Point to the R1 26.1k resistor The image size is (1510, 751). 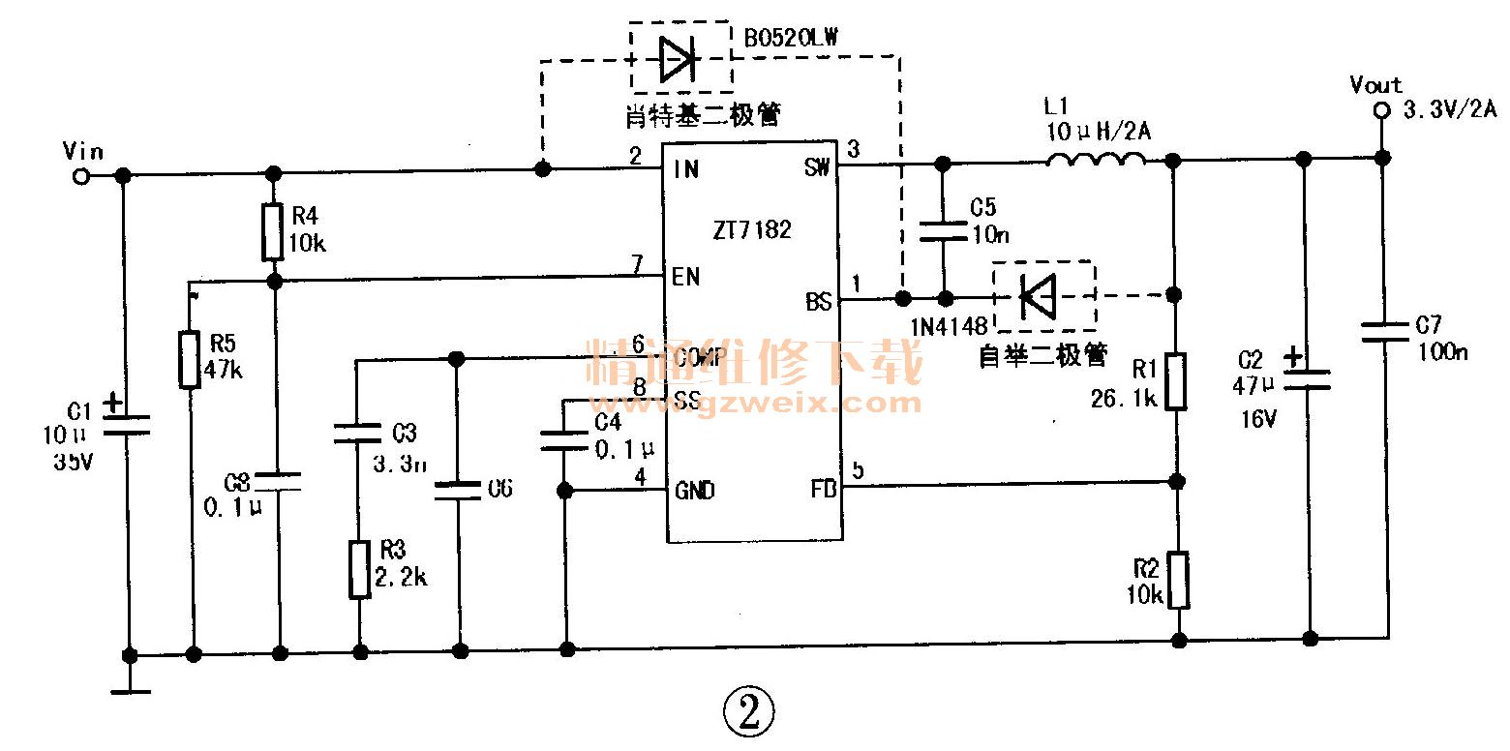pyautogui.click(x=1176, y=381)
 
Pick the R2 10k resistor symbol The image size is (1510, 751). pyautogui.click(x=1178, y=580)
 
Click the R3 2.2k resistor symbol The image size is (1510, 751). pyautogui.click(x=359, y=570)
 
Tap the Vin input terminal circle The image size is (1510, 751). pyautogui.click(x=82, y=176)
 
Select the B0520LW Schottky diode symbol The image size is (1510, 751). pyautogui.click(x=679, y=58)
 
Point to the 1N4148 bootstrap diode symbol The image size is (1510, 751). pyautogui.click(x=1039, y=295)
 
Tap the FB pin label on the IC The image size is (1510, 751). pyautogui.click(x=819, y=490)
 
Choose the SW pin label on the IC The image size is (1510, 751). pyautogui.click(x=817, y=168)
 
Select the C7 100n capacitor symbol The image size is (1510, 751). pyautogui.click(x=1384, y=332)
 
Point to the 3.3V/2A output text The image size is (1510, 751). pyautogui.click(x=1449, y=111)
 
